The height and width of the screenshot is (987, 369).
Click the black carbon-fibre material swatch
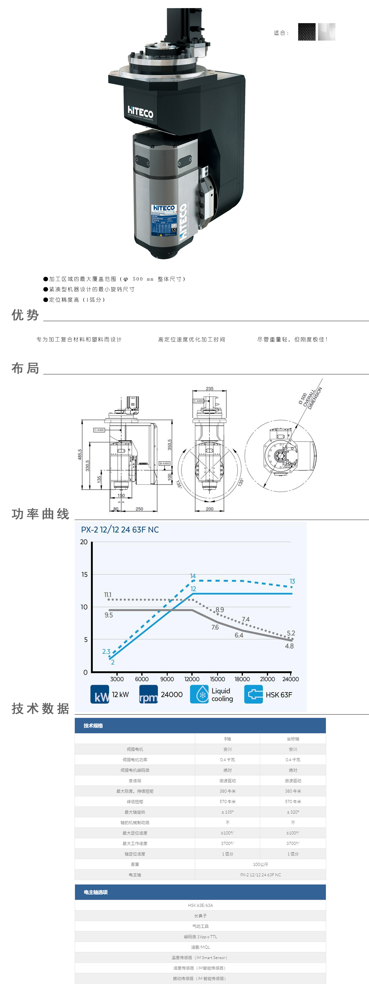point(307,32)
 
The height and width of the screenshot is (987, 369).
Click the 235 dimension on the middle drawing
point(210,389)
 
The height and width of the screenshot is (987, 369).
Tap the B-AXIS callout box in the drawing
point(164,464)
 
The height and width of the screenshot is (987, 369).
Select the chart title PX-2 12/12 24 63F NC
point(120,529)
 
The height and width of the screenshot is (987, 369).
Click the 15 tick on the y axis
point(84,574)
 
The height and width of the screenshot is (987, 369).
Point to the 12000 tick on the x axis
point(192,679)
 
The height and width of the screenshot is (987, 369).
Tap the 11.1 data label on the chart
point(108,595)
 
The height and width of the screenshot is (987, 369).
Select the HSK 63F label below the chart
point(278,695)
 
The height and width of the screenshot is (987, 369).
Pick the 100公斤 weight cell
point(261,864)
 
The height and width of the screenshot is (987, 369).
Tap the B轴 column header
point(228,739)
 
